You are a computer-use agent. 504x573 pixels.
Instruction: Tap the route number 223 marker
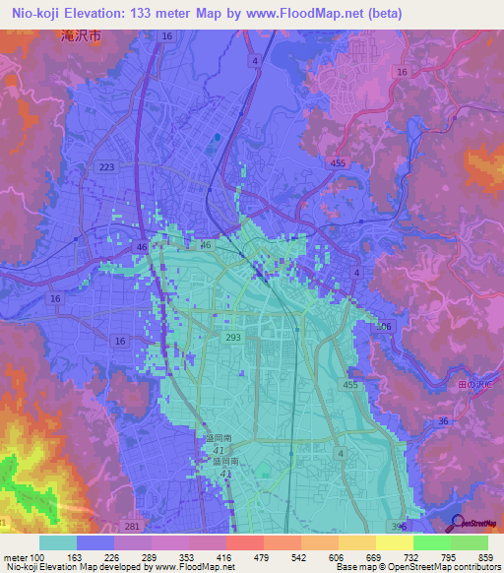click(106, 167)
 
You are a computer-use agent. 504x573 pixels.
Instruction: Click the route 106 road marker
click(386, 326)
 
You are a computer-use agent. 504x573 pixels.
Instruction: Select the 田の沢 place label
click(488, 355)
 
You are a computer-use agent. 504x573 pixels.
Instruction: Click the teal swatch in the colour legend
click(58, 542)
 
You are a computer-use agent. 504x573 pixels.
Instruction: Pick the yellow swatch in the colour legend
click(395, 542)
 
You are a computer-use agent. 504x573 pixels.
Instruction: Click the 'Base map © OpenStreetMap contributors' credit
click(416, 568)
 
